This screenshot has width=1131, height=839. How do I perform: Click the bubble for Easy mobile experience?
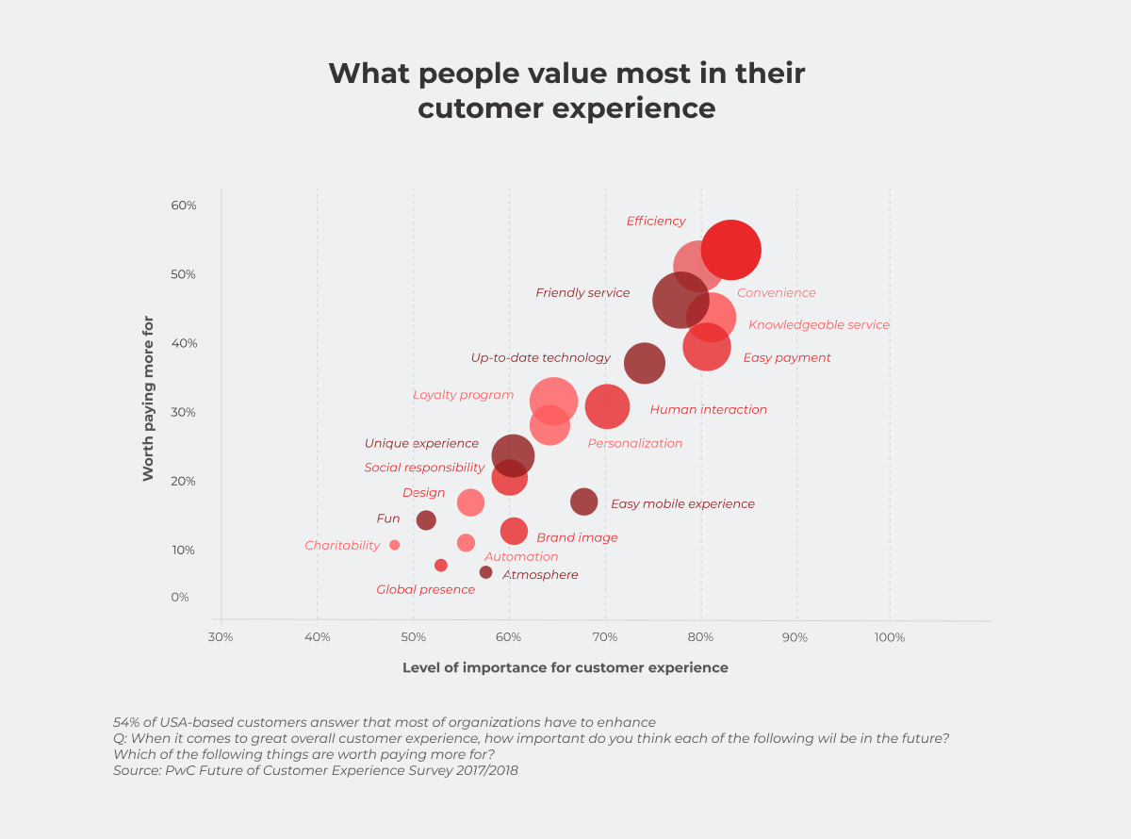(x=584, y=502)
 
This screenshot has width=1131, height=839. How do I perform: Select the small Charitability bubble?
(x=395, y=545)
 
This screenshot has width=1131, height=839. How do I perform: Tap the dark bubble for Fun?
(x=426, y=520)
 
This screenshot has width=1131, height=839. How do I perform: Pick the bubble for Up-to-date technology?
(x=645, y=363)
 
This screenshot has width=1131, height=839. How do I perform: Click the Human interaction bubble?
(x=607, y=406)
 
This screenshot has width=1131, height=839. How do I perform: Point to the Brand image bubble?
(x=514, y=532)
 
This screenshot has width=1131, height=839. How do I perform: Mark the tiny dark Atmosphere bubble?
(x=485, y=572)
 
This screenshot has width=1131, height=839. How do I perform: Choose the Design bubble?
(x=470, y=502)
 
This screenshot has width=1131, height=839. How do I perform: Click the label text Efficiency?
(x=656, y=221)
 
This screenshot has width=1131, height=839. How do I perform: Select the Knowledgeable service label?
(x=818, y=324)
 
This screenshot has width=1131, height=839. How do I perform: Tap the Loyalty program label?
(x=463, y=395)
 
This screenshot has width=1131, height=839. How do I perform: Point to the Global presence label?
(x=426, y=589)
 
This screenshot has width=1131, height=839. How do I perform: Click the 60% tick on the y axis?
(x=184, y=206)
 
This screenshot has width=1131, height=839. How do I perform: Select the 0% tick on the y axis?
(x=179, y=597)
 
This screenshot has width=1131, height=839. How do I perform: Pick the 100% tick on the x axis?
(x=890, y=637)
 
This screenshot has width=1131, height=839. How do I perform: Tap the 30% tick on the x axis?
(x=221, y=637)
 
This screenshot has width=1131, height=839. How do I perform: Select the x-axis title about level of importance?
(x=565, y=667)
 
